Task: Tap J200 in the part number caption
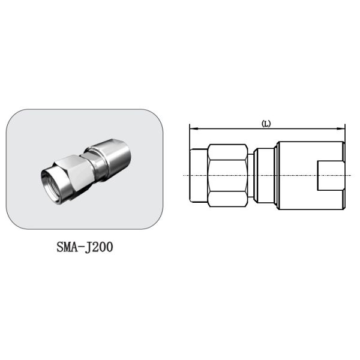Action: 97,247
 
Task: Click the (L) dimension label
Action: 266,124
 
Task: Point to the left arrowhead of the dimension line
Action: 191,128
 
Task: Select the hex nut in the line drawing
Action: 227,174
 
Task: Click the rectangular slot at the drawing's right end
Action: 331,174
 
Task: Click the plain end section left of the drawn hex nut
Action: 198,174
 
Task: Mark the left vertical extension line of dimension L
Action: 189,135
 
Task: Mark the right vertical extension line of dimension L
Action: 345,135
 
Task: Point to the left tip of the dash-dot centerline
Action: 182,175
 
